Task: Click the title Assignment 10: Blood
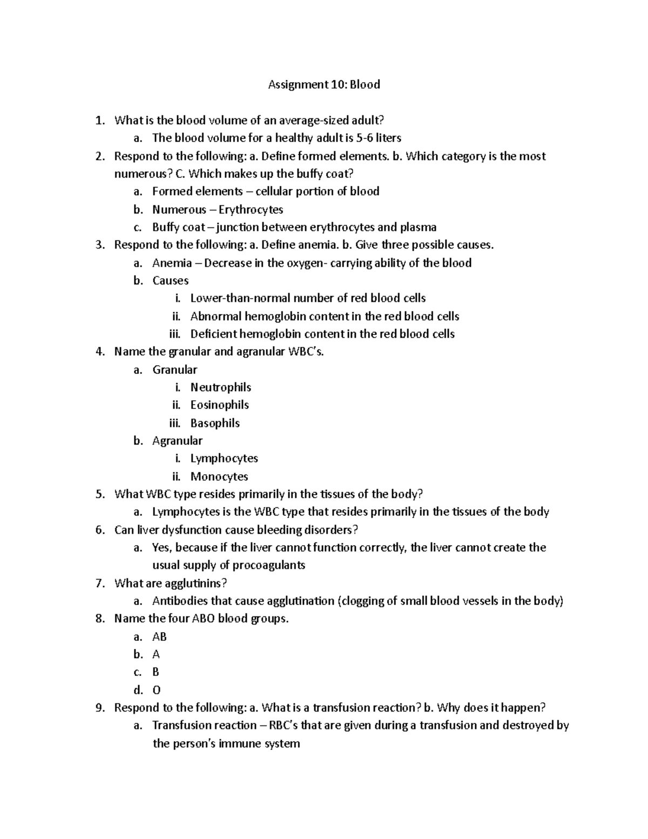(324, 84)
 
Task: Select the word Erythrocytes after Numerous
(251, 209)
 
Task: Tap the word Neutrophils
(220, 387)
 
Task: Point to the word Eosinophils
(219, 405)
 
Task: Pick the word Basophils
(215, 423)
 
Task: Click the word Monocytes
(219, 476)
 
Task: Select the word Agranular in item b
(177, 441)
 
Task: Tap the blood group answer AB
(159, 636)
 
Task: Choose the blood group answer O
(157, 690)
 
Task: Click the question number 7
(99, 583)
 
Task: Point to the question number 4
(99, 352)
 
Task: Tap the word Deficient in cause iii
(213, 334)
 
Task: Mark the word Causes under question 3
(170, 280)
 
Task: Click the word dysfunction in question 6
(192, 530)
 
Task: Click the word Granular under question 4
(174, 370)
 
